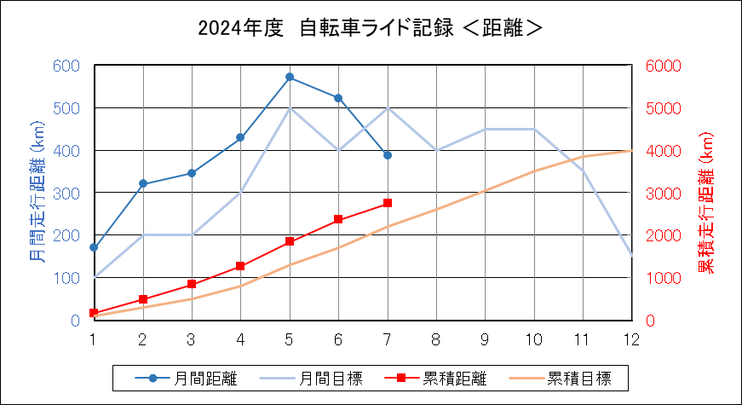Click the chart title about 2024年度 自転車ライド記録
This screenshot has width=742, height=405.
coord(370,28)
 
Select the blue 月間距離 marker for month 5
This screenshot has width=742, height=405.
coord(290,77)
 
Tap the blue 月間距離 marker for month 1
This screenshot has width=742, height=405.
coord(94,247)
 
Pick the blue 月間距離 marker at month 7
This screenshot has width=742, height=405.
coord(388,155)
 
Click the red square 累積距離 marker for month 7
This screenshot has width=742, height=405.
coord(388,203)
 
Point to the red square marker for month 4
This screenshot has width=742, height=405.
coord(240,266)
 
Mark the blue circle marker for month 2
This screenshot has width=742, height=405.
coord(143,183)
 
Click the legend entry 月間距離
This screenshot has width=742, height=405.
coord(186,379)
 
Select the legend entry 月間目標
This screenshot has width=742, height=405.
coord(311,379)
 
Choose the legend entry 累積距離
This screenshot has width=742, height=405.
coord(435,379)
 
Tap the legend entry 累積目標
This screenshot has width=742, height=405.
coord(561,379)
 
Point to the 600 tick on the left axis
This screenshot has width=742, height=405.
coord(66,66)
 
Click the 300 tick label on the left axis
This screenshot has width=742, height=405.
coord(66,194)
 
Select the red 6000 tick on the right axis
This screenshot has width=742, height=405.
coord(664,66)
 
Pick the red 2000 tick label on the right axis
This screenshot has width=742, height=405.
coord(664,235)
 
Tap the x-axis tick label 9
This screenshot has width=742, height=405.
coord(485,339)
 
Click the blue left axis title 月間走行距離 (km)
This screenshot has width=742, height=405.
coord(37,193)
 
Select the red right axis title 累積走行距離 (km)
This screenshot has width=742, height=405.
coord(706,202)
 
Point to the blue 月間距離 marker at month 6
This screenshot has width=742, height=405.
coord(338,98)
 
